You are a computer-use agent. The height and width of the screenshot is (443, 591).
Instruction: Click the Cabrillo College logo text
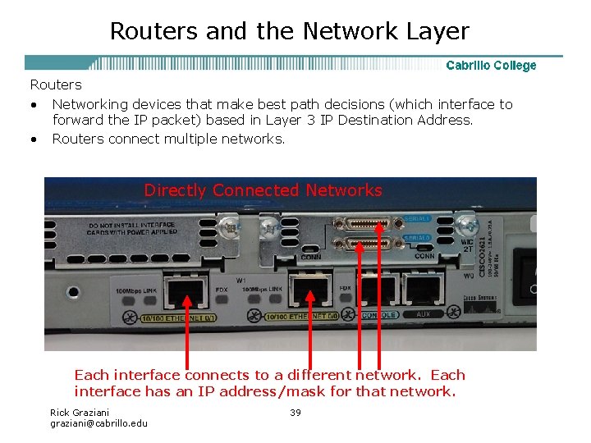click(491, 66)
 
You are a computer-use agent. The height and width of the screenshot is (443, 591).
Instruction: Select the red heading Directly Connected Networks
click(263, 190)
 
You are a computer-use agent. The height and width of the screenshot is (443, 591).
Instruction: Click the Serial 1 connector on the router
click(365, 222)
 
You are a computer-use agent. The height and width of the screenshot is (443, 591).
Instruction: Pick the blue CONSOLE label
click(380, 315)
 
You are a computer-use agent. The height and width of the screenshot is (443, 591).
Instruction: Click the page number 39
click(295, 412)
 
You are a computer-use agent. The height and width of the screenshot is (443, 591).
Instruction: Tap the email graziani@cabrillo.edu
click(98, 423)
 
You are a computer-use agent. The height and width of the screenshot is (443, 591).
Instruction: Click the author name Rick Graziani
click(79, 412)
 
